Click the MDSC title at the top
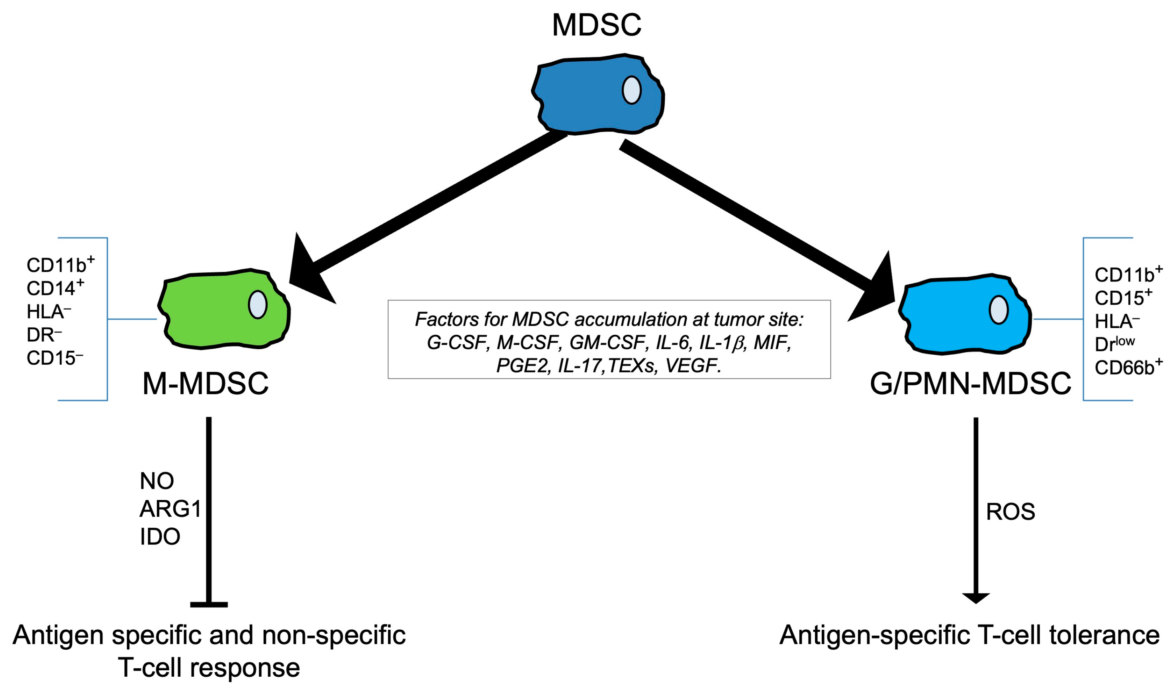(597, 25)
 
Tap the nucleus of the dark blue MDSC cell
(631, 90)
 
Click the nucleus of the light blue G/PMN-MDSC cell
(999, 310)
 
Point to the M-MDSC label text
(206, 384)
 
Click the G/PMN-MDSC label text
(970, 384)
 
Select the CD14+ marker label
(55, 288)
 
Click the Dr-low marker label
(1114, 344)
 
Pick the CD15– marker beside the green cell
(54, 358)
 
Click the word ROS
(1010, 512)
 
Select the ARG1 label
(170, 509)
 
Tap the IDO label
(160, 537)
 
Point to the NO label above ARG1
(157, 481)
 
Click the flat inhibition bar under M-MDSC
(209, 605)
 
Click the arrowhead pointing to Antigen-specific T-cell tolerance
(975, 598)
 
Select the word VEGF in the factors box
(692, 366)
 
